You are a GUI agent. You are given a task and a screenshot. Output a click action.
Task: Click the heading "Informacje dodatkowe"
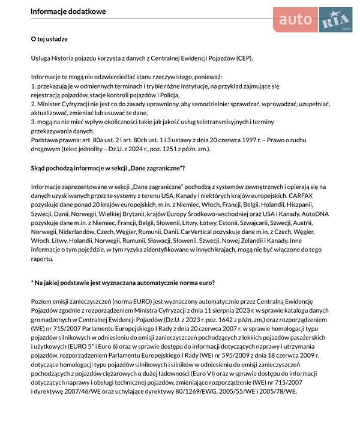pyautogui.click(x=68, y=11)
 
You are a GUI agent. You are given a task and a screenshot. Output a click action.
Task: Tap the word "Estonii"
pyautogui.click(x=206, y=223)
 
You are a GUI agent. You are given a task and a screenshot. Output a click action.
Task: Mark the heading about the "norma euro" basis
pyautogui.click(x=122, y=282)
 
